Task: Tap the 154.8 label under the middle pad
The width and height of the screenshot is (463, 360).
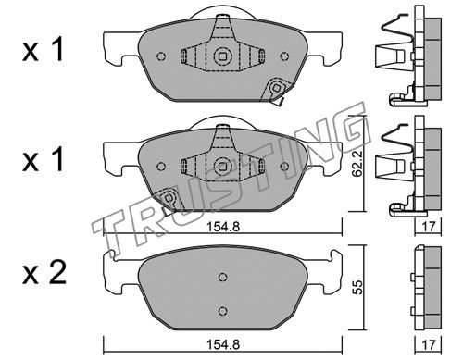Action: pyautogui.click(x=223, y=227)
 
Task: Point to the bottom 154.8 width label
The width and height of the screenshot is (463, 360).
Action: pyautogui.click(x=223, y=344)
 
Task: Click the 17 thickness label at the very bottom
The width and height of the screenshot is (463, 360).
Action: pyautogui.click(x=429, y=344)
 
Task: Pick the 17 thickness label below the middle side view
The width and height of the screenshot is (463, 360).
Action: pyautogui.click(x=429, y=227)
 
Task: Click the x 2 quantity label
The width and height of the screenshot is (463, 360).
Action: pyautogui.click(x=44, y=273)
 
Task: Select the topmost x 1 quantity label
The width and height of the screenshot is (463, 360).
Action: pyautogui.click(x=43, y=50)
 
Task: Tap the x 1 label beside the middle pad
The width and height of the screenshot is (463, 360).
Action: pyautogui.click(x=43, y=160)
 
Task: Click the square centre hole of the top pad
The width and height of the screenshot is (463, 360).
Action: pyautogui.click(x=222, y=56)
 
